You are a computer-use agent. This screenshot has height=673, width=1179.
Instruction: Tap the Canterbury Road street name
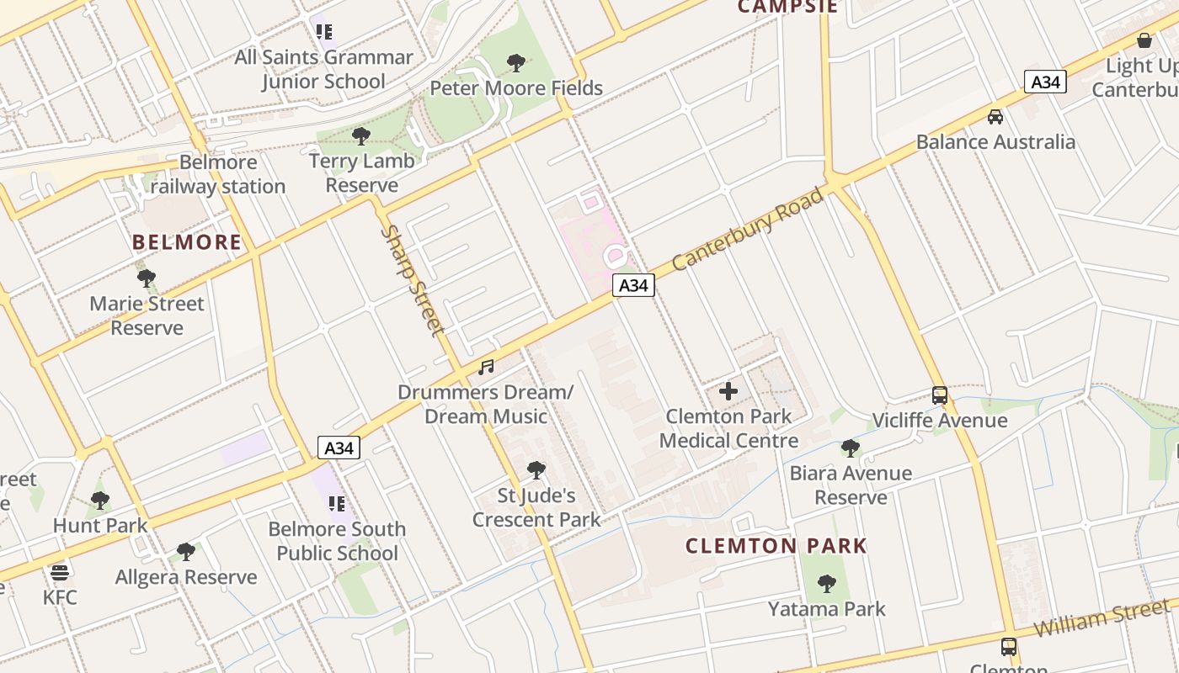point(748,229)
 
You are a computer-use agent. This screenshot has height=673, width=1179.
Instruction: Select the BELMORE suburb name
point(187,243)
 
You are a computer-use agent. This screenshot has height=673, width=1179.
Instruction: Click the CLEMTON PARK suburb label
point(776,545)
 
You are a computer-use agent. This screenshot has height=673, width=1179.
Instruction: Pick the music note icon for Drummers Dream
point(486,367)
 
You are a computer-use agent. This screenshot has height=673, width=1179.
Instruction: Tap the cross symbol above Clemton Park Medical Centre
point(728,391)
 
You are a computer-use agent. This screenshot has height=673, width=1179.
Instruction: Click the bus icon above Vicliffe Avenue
point(940,395)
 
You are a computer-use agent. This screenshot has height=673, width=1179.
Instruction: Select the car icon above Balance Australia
point(995,116)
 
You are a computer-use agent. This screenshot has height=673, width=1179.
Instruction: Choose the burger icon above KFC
point(59,573)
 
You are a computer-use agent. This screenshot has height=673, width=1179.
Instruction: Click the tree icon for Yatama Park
point(827,583)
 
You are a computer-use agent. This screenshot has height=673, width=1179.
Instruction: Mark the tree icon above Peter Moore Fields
point(516,62)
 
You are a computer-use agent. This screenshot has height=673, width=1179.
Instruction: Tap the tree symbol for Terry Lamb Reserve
point(361,135)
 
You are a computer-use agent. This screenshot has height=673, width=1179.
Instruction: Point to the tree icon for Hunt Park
point(100,501)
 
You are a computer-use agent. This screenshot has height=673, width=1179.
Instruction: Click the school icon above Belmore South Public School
point(337,504)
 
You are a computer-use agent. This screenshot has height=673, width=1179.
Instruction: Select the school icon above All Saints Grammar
point(324,32)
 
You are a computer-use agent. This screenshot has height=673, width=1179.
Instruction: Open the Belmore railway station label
point(218,174)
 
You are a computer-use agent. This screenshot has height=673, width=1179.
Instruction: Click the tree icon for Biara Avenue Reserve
point(851,448)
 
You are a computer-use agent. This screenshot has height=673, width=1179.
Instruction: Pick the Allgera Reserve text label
point(186,577)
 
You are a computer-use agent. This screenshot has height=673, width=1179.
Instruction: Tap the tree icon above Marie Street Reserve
point(147,278)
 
